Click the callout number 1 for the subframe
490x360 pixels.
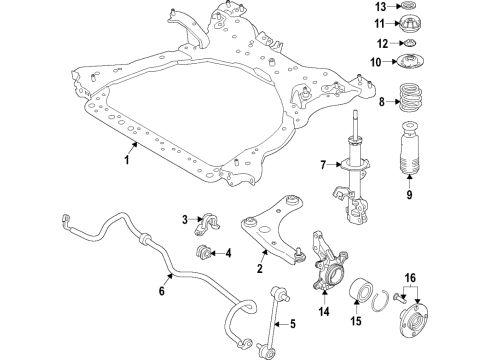point(128,158)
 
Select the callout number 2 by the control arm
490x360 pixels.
point(260,267)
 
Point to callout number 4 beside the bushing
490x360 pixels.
point(228,252)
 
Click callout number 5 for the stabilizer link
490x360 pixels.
point(292,322)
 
